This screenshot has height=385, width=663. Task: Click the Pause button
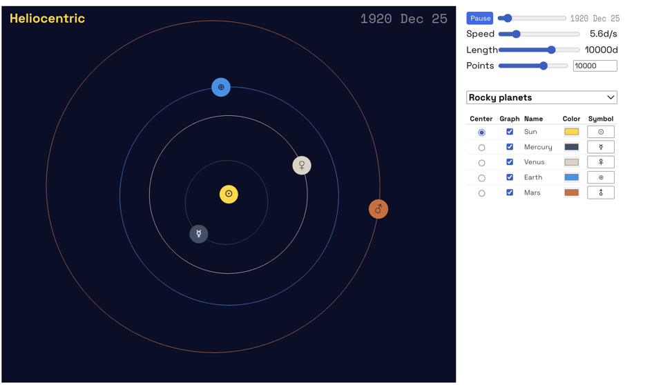click(x=479, y=19)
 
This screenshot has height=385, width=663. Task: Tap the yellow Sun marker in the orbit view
click(x=229, y=194)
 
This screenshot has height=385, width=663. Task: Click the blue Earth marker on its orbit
click(x=221, y=87)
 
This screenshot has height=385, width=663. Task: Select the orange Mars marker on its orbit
click(x=378, y=209)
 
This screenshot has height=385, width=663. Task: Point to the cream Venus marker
click(x=302, y=166)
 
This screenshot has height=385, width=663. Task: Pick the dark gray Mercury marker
click(x=199, y=234)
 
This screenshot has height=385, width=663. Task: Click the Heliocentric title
click(x=47, y=19)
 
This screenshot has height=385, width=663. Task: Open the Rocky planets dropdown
click(x=541, y=97)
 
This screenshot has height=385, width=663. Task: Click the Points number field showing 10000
click(x=595, y=66)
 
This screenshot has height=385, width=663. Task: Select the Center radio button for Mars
click(x=482, y=193)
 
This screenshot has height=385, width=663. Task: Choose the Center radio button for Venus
click(x=482, y=163)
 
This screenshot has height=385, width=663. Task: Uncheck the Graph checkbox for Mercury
click(x=510, y=147)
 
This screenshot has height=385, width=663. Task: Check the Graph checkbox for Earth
click(x=510, y=177)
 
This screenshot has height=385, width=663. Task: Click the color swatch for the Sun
click(x=571, y=132)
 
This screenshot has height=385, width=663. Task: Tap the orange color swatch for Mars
click(x=571, y=192)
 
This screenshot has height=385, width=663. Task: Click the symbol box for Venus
click(x=601, y=162)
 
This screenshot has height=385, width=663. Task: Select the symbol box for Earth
click(x=601, y=177)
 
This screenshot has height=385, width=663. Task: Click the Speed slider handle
click(x=516, y=34)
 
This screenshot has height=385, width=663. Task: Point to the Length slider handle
click(x=551, y=50)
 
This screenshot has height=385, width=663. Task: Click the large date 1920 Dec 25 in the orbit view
click(x=403, y=19)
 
